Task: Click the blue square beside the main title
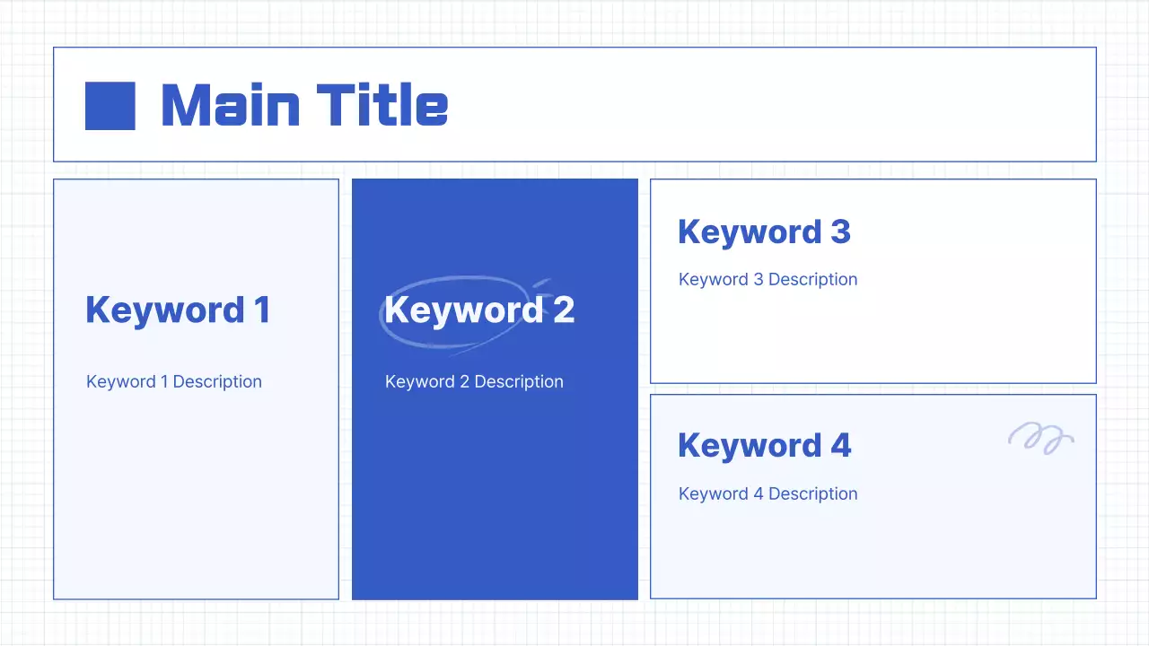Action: pyautogui.click(x=110, y=106)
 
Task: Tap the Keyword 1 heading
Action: pyautogui.click(x=177, y=310)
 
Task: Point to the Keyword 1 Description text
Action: pyautogui.click(x=173, y=381)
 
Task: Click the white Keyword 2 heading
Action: pyautogui.click(x=478, y=310)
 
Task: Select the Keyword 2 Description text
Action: pyautogui.click(x=474, y=381)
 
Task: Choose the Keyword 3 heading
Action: pyautogui.click(x=763, y=231)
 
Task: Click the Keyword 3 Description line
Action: pyautogui.click(x=767, y=279)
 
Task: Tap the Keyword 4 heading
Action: pyautogui.click(x=763, y=445)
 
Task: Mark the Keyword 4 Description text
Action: pyautogui.click(x=767, y=493)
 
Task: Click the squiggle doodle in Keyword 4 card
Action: pyautogui.click(x=1040, y=438)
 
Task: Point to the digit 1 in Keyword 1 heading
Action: pyautogui.click(x=261, y=310)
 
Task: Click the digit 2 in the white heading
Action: pyautogui.click(x=563, y=310)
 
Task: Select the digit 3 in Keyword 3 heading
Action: pyautogui.click(x=839, y=231)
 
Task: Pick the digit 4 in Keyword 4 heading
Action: pyautogui.click(x=839, y=445)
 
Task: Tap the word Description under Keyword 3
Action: pyautogui.click(x=812, y=279)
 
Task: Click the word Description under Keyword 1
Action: pyautogui.click(x=217, y=381)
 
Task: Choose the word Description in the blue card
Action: pyautogui.click(x=518, y=381)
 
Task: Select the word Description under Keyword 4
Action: pyautogui.click(x=812, y=493)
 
